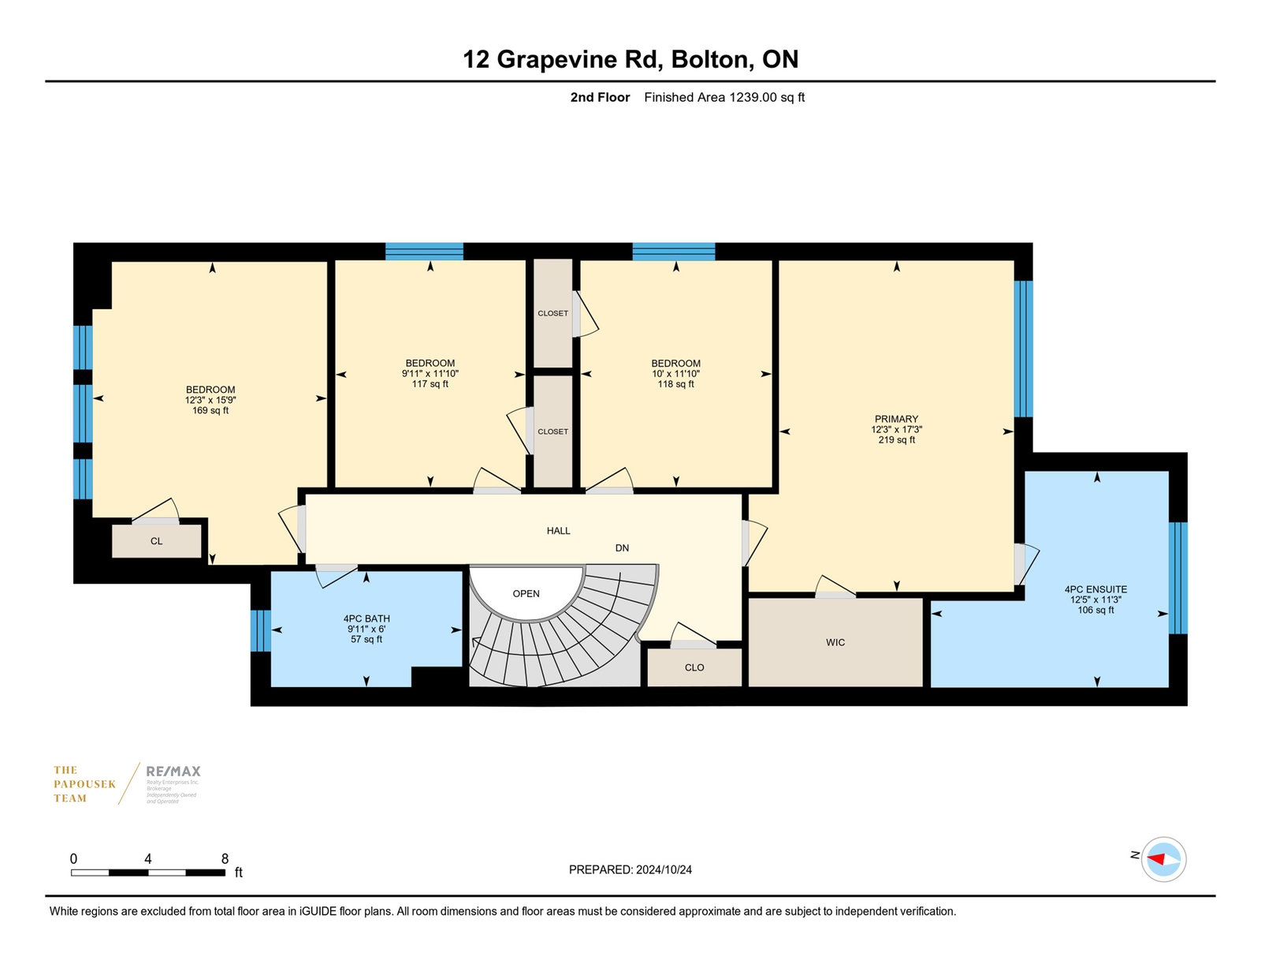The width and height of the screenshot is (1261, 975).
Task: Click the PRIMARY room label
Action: (x=896, y=420)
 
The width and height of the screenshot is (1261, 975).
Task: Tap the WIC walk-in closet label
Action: (x=835, y=642)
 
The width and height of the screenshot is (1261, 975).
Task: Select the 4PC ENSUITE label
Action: (x=1095, y=589)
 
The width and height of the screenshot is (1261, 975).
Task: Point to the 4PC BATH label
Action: (x=366, y=619)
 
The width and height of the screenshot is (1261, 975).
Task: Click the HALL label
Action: (x=558, y=531)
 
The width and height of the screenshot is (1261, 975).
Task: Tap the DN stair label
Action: (x=622, y=548)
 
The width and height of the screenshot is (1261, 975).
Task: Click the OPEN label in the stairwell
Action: (x=526, y=593)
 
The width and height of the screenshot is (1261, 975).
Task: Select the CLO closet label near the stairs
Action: (x=694, y=668)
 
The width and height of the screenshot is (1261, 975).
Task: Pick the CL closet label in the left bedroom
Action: (x=156, y=541)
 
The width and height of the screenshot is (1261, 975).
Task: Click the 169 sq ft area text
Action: (x=210, y=410)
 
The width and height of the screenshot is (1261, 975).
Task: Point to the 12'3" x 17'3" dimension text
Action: (x=896, y=430)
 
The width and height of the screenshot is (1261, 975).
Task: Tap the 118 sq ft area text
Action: (x=675, y=384)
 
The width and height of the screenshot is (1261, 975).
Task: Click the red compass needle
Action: (x=1156, y=859)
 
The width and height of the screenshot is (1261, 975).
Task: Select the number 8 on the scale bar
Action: (x=225, y=859)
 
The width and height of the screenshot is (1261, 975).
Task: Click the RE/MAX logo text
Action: (x=173, y=771)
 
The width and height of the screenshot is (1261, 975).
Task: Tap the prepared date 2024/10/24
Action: (x=664, y=870)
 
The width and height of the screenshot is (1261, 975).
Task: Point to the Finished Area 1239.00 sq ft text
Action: (x=724, y=98)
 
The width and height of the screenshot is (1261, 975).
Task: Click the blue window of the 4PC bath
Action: (x=261, y=630)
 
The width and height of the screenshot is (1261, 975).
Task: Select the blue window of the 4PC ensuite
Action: (x=1178, y=577)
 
